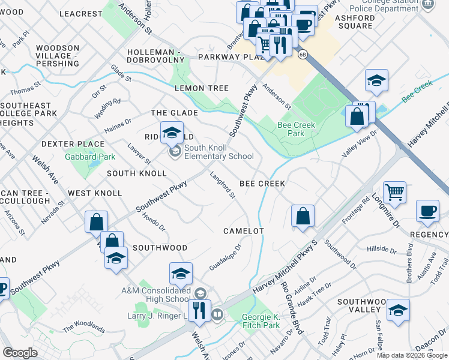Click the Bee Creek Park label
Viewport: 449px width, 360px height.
(291, 130)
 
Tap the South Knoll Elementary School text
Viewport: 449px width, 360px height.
(218, 152)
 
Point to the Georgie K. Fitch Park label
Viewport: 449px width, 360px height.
(261, 321)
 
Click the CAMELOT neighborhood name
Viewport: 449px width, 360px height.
(244, 231)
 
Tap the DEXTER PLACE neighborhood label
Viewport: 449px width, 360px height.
(73, 144)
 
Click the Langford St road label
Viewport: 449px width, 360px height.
(222, 185)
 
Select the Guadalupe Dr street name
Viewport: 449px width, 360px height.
(225, 257)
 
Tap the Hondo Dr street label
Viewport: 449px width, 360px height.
(154, 220)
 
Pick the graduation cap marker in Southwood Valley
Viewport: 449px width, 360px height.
(398, 310)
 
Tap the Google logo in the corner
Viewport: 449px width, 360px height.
(20, 353)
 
